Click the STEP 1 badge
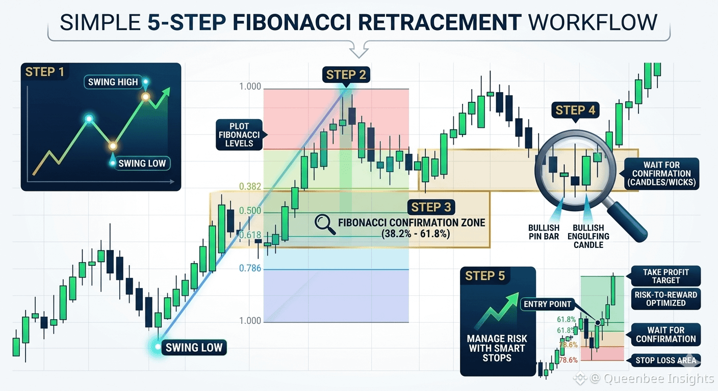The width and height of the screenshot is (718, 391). (x=44, y=72)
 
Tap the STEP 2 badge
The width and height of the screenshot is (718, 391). (x=346, y=75)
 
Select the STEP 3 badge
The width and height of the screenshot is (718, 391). (x=431, y=207)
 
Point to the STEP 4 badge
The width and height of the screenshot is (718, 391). (x=575, y=110)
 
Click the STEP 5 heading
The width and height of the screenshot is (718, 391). (x=484, y=276)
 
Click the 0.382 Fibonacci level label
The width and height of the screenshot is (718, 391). (x=250, y=186)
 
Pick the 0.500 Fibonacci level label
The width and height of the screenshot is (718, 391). (x=250, y=211)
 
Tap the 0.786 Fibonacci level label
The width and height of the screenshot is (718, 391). (x=250, y=268)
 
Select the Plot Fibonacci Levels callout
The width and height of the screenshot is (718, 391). (x=239, y=135)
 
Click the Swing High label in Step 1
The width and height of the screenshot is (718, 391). (x=113, y=82)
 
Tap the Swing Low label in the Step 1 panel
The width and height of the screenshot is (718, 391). (x=142, y=163)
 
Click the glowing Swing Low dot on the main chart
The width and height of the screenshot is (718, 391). (x=158, y=347)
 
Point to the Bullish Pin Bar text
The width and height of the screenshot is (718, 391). (x=544, y=232)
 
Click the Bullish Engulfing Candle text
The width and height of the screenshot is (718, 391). (x=588, y=236)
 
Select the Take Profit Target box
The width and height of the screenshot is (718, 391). (x=666, y=276)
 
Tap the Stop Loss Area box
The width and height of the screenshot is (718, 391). (x=666, y=360)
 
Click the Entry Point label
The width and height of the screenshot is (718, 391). (x=548, y=304)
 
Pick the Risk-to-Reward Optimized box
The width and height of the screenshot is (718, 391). (x=666, y=299)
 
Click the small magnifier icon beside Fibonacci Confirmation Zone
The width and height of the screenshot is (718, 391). (x=325, y=225)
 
